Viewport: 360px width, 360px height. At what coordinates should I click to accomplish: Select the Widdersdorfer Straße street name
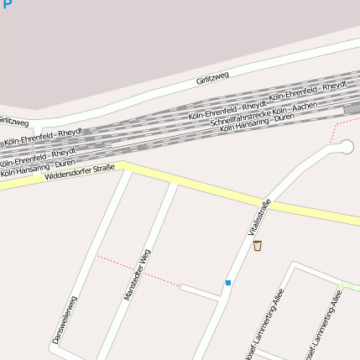pyautogui.click(x=80, y=173)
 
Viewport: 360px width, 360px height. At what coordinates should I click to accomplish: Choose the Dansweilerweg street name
pyautogui.click(x=64, y=321)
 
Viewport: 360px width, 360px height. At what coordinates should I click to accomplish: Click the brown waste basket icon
pyautogui.click(x=258, y=246)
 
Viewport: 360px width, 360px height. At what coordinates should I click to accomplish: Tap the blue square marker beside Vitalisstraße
pyautogui.click(x=227, y=283)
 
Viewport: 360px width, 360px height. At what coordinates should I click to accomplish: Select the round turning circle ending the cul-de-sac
pyautogui.click(x=345, y=148)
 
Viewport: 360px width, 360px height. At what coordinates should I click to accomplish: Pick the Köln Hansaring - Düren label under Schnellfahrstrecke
pyautogui.click(x=257, y=123)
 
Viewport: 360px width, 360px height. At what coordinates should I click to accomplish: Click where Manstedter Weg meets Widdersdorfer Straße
pyautogui.click(x=174, y=180)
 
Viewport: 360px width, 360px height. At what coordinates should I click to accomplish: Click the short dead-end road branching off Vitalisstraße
pyautogui.click(x=200, y=291)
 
